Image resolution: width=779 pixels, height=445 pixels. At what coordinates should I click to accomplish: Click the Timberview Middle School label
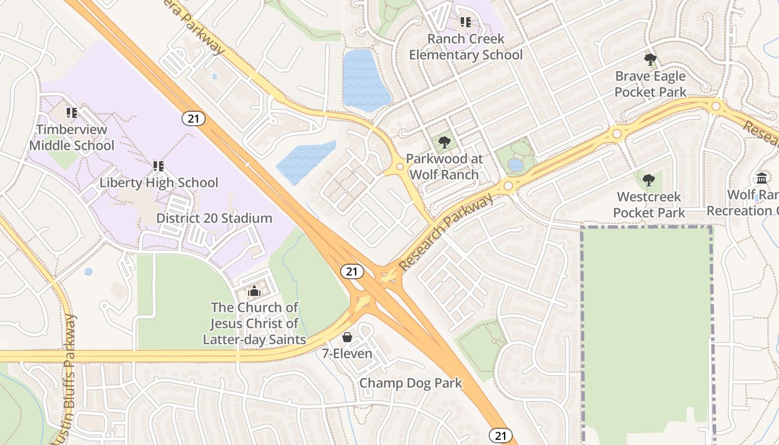click(x=71, y=137)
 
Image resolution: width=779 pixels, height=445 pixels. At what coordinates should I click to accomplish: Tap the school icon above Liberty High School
click(x=159, y=166)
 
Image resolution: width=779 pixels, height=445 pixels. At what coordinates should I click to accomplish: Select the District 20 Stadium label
click(x=214, y=218)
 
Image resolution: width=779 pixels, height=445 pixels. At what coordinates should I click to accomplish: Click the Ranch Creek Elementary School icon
click(x=466, y=22)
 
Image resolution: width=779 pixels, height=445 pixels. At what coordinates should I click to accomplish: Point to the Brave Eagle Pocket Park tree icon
click(x=650, y=59)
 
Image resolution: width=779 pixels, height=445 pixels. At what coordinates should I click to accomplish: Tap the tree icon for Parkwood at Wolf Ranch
click(x=444, y=142)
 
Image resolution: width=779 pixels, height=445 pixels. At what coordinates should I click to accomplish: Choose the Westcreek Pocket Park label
click(x=649, y=205)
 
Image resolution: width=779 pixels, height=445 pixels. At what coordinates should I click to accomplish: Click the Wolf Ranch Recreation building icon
click(x=761, y=178)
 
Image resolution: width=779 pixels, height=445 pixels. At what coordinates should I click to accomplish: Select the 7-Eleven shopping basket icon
click(x=347, y=337)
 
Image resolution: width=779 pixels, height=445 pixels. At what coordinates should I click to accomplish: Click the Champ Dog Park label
click(x=411, y=383)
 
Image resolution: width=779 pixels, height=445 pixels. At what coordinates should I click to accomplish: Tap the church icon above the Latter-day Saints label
click(x=254, y=291)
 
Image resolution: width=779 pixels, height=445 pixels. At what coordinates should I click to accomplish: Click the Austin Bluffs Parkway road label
click(x=70, y=378)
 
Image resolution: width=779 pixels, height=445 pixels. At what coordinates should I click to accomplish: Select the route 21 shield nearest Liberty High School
click(x=193, y=118)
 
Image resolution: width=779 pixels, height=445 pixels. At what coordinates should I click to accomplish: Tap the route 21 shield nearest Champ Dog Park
click(x=501, y=436)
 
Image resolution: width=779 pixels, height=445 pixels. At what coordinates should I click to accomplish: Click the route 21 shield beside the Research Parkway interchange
click(x=352, y=271)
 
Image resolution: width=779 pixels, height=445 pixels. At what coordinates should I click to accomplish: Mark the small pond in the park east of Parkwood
click(x=516, y=165)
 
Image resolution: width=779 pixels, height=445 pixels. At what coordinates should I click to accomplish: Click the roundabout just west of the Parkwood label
click(x=400, y=166)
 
